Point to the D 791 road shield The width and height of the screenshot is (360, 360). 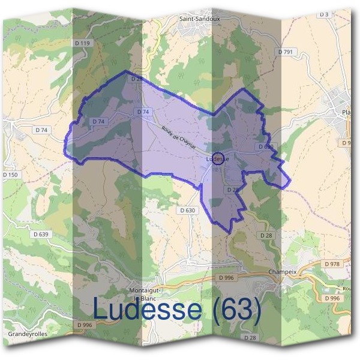(286, 52)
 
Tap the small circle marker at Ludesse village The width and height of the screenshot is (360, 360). (218, 160)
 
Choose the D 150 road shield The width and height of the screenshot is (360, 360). (10, 174)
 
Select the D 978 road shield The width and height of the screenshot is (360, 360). (331, 263)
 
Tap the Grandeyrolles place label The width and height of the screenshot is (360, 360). (28, 333)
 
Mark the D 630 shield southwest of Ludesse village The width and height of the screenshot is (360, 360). (187, 210)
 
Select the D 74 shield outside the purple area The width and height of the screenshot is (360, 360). (41, 130)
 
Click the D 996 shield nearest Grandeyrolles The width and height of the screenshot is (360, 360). (85, 325)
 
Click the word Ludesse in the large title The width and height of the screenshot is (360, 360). (148, 310)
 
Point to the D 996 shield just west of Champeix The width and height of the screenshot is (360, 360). (226, 277)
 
